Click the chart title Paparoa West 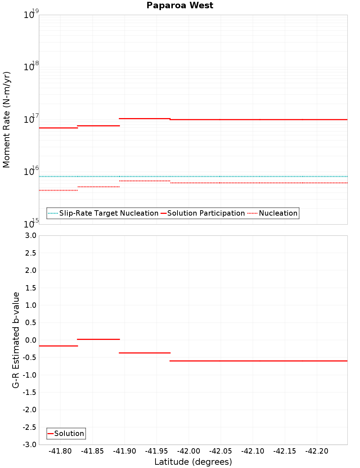coord(180,5)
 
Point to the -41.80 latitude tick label coord(60,451)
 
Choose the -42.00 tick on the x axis coord(188,451)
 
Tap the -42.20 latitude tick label coord(316,451)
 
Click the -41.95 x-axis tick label coord(156,451)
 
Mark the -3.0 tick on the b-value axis coord(30,445)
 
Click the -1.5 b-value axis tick coord(30,392)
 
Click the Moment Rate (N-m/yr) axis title coord(6,120)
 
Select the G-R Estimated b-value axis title coord(16,340)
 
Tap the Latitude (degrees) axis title coord(193,462)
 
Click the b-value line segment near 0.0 coord(98,339)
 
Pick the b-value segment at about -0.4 coord(144,353)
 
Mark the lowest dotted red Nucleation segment coord(58,190)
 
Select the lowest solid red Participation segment coord(58,128)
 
